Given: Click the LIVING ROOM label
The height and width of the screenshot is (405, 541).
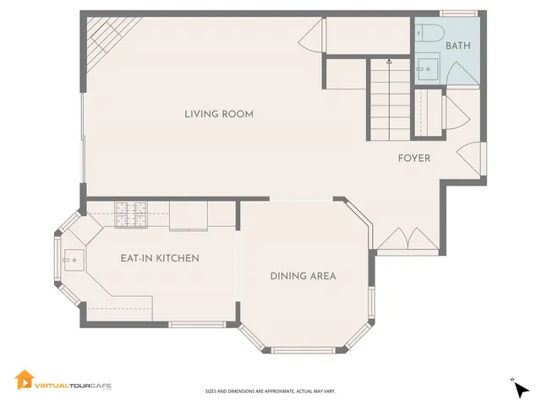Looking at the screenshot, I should [219, 114].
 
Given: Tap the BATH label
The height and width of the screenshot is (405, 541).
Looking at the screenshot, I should [458, 46].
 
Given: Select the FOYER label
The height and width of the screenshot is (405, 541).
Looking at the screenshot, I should [414, 158].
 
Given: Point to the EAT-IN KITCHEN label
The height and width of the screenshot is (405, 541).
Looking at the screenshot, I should [160, 257].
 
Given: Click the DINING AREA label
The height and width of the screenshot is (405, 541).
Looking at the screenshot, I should [303, 276].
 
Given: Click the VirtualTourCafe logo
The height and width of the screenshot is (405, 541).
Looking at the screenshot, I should [63, 382].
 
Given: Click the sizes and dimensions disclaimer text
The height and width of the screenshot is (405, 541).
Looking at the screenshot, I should [270, 391].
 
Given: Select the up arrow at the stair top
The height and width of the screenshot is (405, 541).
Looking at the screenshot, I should [389, 62].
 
